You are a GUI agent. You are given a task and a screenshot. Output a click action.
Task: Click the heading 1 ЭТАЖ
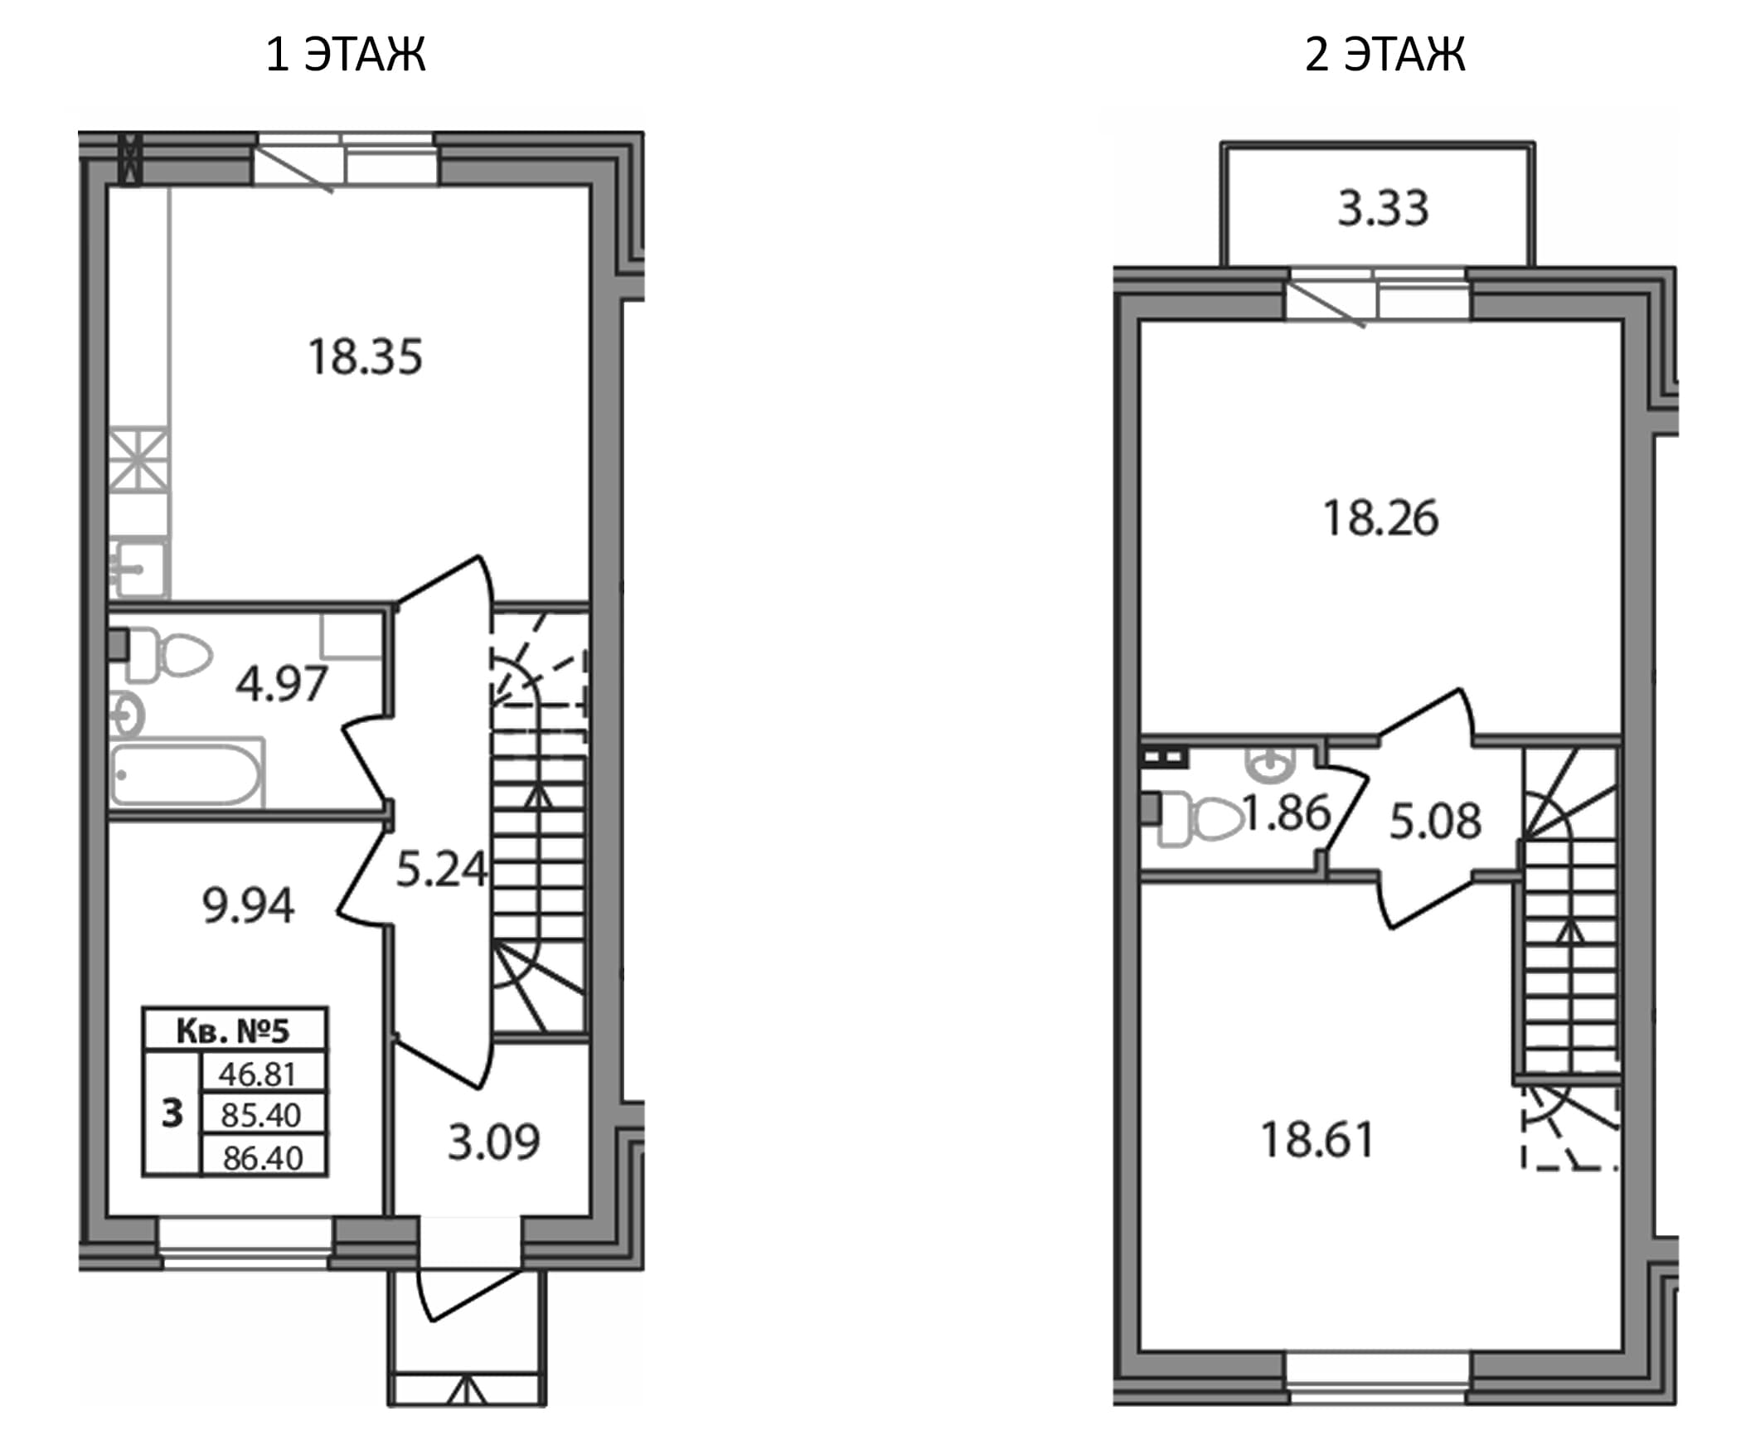pyautogui.click(x=346, y=55)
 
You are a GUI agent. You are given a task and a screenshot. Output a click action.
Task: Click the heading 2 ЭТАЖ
pyautogui.click(x=1385, y=55)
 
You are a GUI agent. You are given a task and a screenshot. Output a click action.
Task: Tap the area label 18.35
pyautogui.click(x=366, y=357)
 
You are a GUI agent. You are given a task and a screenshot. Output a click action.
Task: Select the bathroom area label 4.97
pyautogui.click(x=282, y=685)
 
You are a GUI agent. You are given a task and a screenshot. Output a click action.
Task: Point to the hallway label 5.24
pyautogui.click(x=441, y=870)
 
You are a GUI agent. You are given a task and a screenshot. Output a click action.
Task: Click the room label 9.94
pyautogui.click(x=248, y=905)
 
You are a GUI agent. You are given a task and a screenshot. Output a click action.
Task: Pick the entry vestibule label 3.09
pyautogui.click(x=494, y=1142)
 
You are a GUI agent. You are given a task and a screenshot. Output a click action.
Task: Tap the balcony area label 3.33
pyautogui.click(x=1383, y=208)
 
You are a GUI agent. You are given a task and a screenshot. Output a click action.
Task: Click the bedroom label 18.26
pyautogui.click(x=1380, y=518)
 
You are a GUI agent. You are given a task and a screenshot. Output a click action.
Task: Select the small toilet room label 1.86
pyautogui.click(x=1286, y=813)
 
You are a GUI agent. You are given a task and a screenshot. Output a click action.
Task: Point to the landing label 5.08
pyautogui.click(x=1435, y=822)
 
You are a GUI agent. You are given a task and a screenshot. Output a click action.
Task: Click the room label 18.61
pyautogui.click(x=1317, y=1139)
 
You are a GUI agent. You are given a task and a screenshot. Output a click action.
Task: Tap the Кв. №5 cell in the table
pyautogui.click(x=235, y=1031)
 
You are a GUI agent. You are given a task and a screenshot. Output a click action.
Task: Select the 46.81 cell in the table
pyautogui.click(x=264, y=1074)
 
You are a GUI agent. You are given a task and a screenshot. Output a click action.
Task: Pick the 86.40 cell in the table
pyautogui.click(x=264, y=1157)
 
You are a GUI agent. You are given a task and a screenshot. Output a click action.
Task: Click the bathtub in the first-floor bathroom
pyautogui.click(x=187, y=774)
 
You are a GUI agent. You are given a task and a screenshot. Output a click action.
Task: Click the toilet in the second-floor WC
pyautogui.click(x=1200, y=820)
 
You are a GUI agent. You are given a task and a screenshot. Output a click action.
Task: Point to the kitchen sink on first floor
pyautogui.click(x=140, y=568)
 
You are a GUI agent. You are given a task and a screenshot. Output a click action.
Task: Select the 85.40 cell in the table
pyautogui.click(x=264, y=1115)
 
